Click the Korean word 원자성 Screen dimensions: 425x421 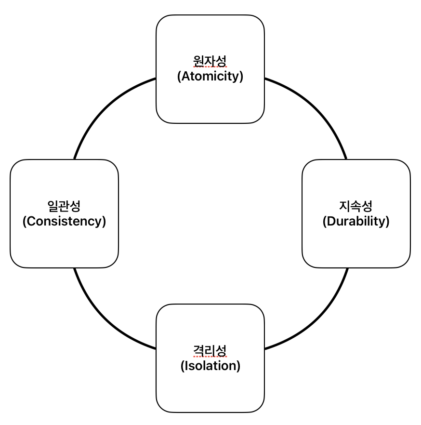[x=210, y=61]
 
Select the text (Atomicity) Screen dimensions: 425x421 [x=210, y=76]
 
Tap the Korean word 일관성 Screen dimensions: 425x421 [x=64, y=206]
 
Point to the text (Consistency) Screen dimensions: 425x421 [x=64, y=221]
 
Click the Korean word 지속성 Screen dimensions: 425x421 [x=356, y=206]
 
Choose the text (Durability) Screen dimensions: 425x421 [x=356, y=221]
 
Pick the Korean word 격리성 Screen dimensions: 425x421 [x=210, y=350]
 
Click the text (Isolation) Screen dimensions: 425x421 [x=210, y=366]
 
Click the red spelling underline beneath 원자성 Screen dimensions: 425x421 [x=210, y=68]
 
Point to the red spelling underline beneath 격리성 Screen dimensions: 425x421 [x=210, y=357]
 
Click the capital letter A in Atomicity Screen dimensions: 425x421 [x=185, y=76]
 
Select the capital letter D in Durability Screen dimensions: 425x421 [x=331, y=221]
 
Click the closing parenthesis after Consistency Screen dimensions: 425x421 [x=104, y=221]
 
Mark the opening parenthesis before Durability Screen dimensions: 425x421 [x=325, y=221]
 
